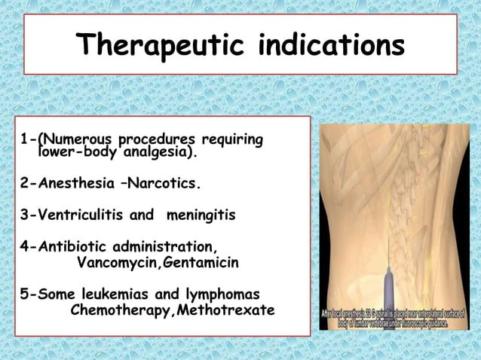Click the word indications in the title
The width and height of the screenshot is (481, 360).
[331, 46]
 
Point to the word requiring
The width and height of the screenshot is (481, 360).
[231, 140]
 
